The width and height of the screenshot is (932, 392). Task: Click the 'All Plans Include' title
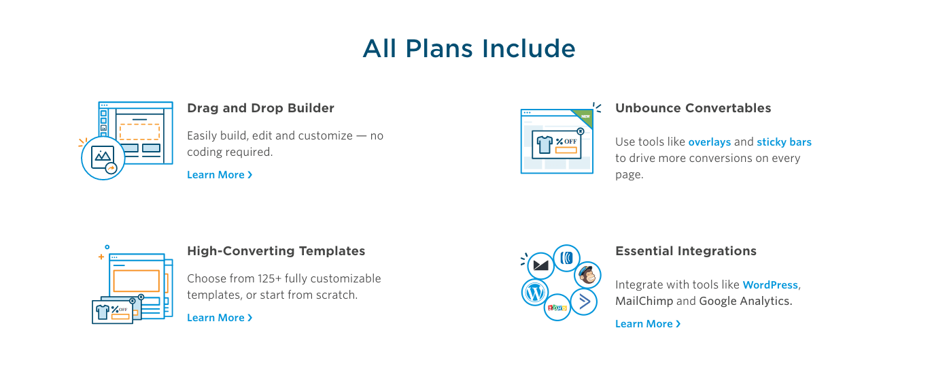pyautogui.click(x=469, y=48)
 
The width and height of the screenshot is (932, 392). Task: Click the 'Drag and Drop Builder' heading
pyautogui.click(x=260, y=108)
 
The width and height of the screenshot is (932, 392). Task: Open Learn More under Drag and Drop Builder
pyautogui.click(x=220, y=174)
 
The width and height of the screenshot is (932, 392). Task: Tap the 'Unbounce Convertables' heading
pyautogui.click(x=693, y=108)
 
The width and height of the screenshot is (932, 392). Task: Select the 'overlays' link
pyautogui.click(x=710, y=142)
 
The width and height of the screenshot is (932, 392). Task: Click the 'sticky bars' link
pyautogui.click(x=784, y=142)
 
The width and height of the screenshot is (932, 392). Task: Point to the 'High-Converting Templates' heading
pyautogui.click(x=276, y=250)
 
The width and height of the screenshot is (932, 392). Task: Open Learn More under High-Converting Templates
pyautogui.click(x=220, y=317)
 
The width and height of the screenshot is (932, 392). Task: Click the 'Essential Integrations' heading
pyautogui.click(x=686, y=250)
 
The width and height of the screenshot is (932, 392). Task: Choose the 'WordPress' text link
pyautogui.click(x=770, y=285)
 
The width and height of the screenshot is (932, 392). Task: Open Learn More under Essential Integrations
pyautogui.click(x=648, y=324)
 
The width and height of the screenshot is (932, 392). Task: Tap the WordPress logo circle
pyautogui.click(x=534, y=293)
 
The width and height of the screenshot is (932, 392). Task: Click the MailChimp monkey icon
pyautogui.click(x=587, y=275)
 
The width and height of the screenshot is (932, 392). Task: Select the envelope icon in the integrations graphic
pyautogui.click(x=540, y=265)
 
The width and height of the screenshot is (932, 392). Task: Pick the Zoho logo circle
pyautogui.click(x=557, y=308)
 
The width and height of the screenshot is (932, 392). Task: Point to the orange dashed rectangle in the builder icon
pyautogui.click(x=140, y=131)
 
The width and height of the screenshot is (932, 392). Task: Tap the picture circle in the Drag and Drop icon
pyautogui.click(x=103, y=158)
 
